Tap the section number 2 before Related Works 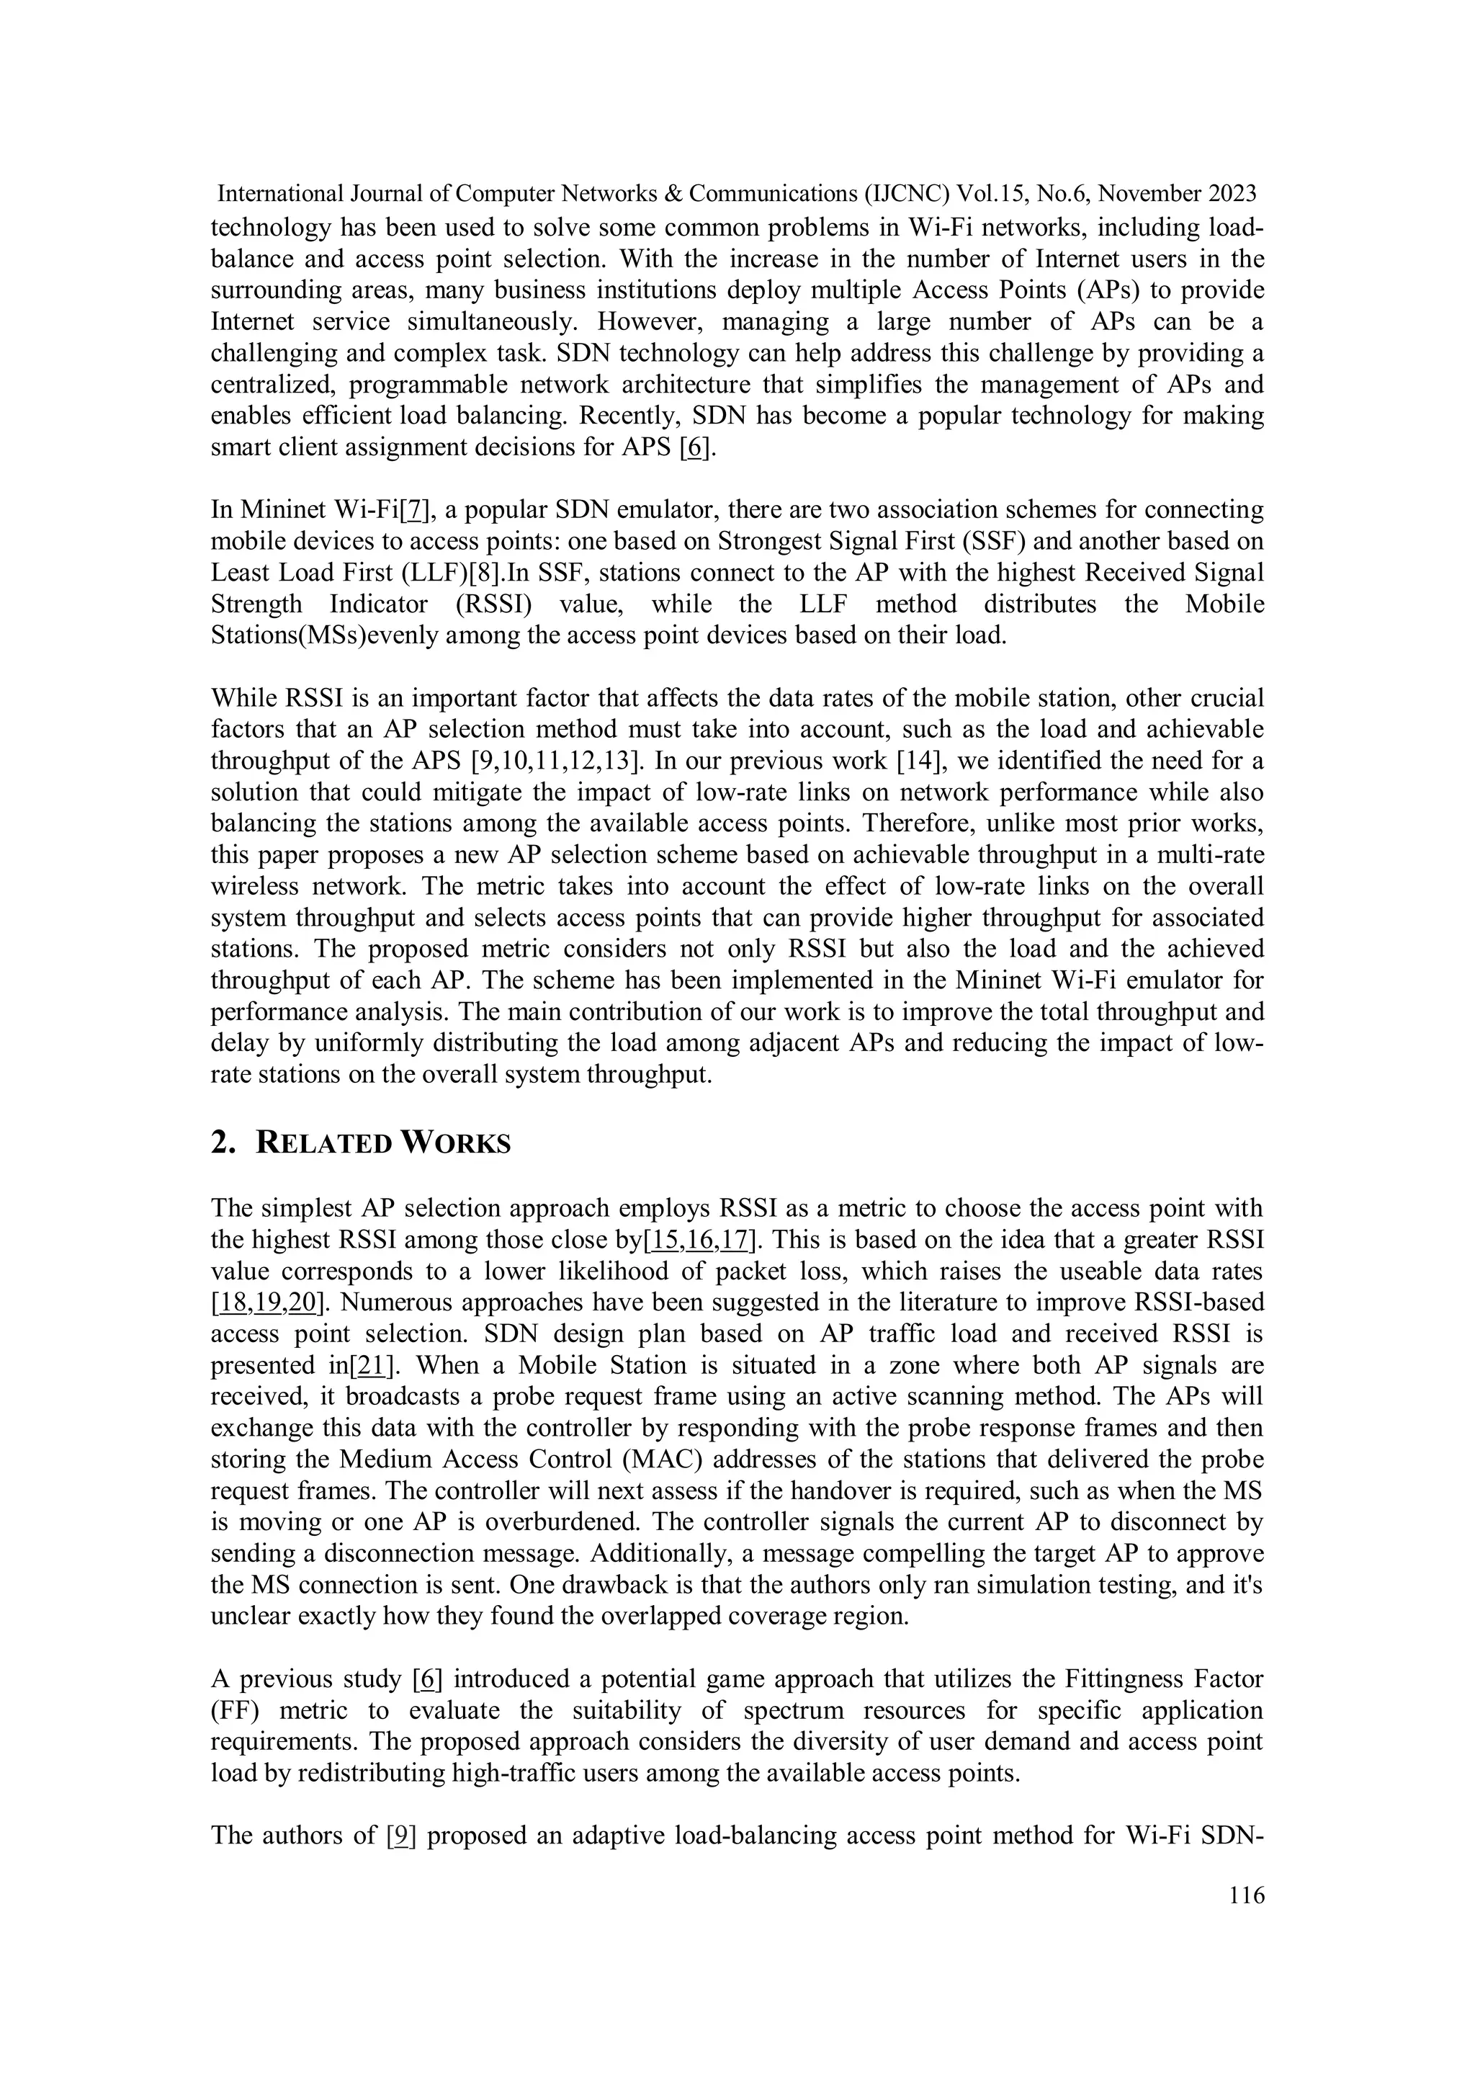pos(219,1143)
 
